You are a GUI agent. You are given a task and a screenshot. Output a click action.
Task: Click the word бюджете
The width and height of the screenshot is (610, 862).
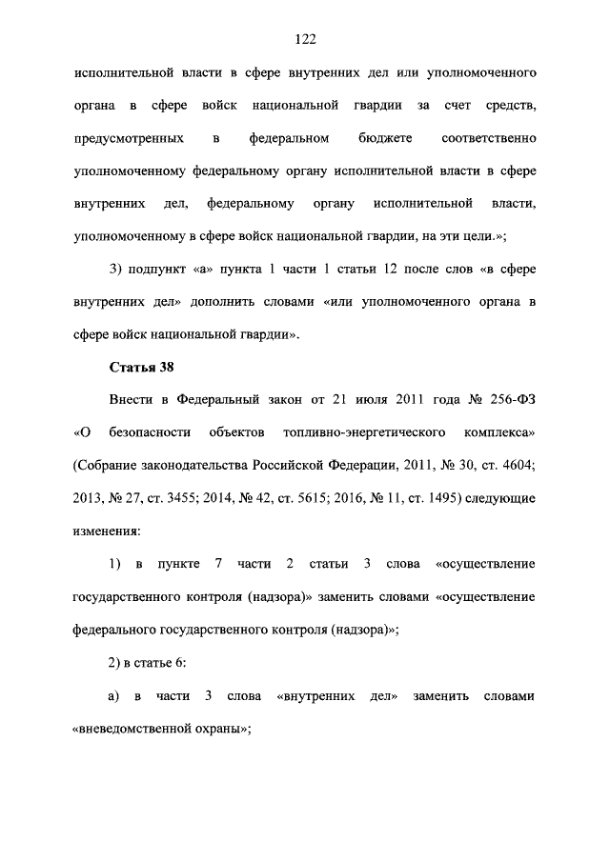tap(386, 139)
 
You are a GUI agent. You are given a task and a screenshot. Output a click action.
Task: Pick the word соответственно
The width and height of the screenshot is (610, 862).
tap(489, 139)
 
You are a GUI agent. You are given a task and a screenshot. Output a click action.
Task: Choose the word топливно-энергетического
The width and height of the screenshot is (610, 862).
tap(365, 433)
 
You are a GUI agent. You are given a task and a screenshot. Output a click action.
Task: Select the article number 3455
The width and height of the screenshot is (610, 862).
tap(201, 498)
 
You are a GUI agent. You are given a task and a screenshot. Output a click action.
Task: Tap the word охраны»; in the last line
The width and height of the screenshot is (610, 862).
tap(223, 730)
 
